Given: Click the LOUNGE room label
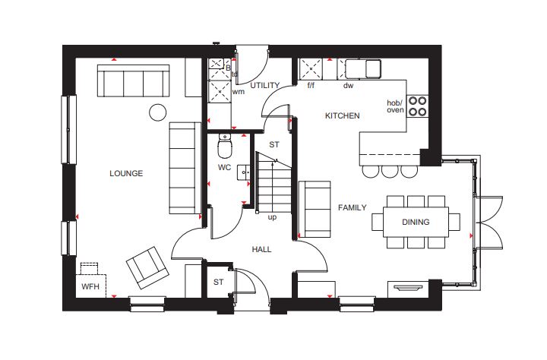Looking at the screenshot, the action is point(126,173).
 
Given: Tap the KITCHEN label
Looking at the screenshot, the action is point(342,115).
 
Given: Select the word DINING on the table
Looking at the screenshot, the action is point(416,222).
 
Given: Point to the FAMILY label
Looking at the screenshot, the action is point(353,207).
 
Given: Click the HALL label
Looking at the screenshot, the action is point(261,249).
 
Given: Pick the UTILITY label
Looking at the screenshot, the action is point(265,86).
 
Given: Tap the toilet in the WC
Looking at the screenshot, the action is point(225,146).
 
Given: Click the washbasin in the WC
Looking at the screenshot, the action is point(244,172).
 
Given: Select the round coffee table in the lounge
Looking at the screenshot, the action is point(158,112).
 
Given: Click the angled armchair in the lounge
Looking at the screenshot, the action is point(147,268).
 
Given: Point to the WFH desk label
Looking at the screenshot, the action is point(90,287).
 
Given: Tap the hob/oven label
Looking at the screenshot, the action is point(395,106).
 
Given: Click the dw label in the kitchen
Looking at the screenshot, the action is point(348,86).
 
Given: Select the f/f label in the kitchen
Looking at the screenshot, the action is point(311,85).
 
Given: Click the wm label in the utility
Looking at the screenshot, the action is point(239,92).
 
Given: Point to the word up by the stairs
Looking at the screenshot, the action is point(272,217).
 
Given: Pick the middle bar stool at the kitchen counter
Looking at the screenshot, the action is point(390,172).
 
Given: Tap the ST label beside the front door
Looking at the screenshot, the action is point(218,282).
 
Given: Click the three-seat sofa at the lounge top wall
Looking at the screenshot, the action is point(133,81).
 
